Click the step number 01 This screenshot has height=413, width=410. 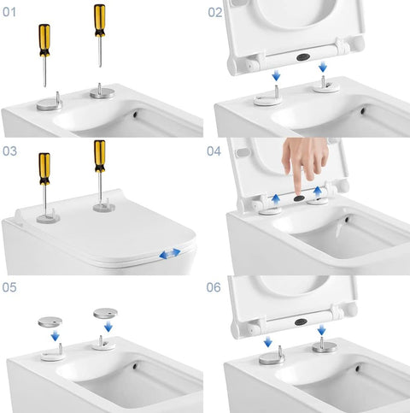click(x=9, y=12)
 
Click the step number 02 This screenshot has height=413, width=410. click(x=215, y=13)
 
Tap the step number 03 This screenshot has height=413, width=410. click(x=9, y=151)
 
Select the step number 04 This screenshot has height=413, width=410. click(x=214, y=151)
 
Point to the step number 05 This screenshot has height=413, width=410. click(x=9, y=287)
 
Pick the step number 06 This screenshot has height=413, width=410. click(x=214, y=287)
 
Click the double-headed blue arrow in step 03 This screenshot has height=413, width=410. click(x=170, y=253)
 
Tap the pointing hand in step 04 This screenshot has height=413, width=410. click(x=305, y=164)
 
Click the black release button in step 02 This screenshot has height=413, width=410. click(x=303, y=57)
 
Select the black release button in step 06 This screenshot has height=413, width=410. click(x=302, y=322)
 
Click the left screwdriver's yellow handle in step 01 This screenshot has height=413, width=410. click(x=44, y=40)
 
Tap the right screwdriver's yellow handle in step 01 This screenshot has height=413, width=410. click(x=100, y=21)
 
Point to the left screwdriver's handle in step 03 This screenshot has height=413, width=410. click(x=44, y=168)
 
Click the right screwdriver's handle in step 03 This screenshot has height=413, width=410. click(x=100, y=156)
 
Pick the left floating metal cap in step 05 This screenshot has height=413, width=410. click(x=50, y=322)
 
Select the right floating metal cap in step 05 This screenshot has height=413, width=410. click(x=105, y=314)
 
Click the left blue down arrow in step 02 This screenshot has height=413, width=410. click(x=276, y=75)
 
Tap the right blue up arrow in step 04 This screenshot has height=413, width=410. click(x=318, y=192)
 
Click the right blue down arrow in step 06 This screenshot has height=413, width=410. click(x=322, y=330)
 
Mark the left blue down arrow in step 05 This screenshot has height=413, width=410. click(x=56, y=336)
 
